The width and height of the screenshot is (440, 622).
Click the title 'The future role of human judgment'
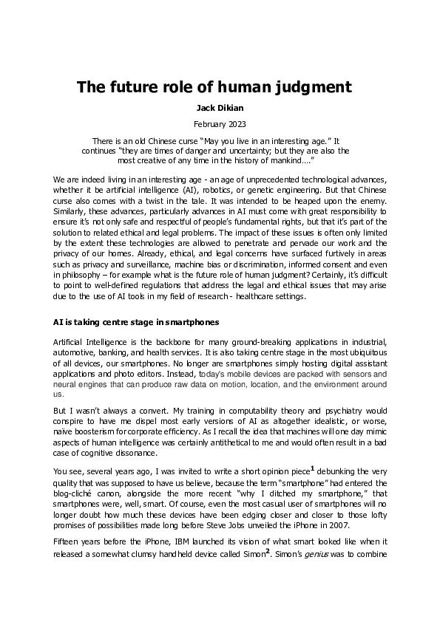[214, 87]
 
